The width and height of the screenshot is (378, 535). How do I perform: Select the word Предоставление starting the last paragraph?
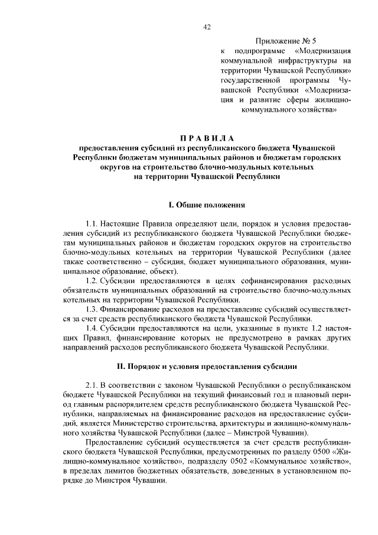coord(117,442)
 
